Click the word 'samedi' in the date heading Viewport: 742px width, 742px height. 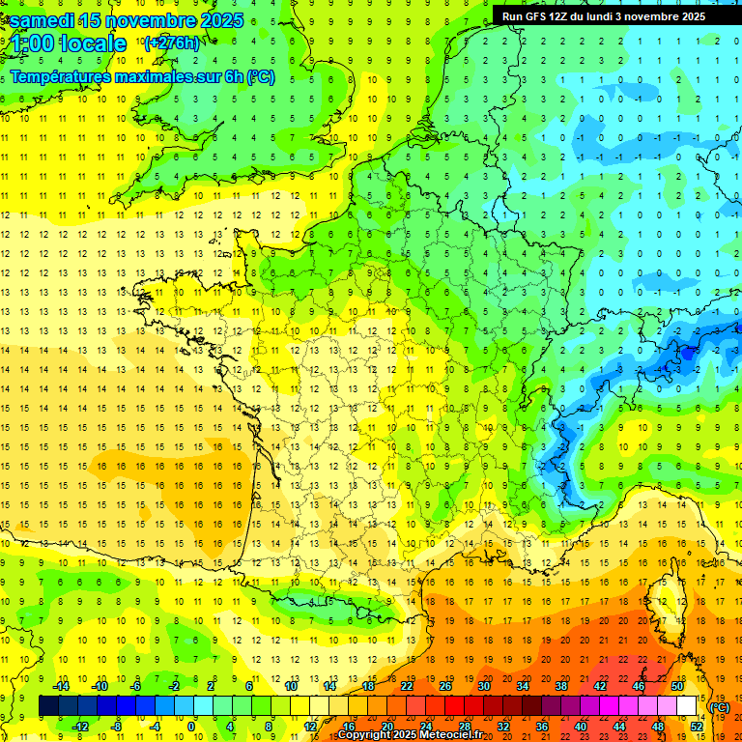tap(47, 20)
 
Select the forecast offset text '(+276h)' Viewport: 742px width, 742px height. tap(171, 43)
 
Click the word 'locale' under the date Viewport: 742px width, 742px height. tap(93, 43)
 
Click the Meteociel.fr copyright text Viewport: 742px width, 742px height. tap(410, 735)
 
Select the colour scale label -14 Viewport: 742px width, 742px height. tap(60, 686)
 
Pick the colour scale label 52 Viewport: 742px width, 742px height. tap(696, 726)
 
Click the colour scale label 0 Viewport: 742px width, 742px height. tap(191, 726)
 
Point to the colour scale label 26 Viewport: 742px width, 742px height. tap(445, 686)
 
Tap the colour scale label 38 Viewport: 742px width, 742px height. tap(560, 686)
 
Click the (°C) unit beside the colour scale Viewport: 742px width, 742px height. tap(719, 707)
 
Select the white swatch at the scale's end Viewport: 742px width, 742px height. tap(686, 706)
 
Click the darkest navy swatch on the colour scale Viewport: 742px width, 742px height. tap(48, 706)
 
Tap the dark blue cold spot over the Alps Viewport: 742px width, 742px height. tap(688, 354)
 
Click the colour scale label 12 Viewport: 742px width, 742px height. tap(310, 726)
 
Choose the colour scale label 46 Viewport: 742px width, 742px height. tap(638, 686)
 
